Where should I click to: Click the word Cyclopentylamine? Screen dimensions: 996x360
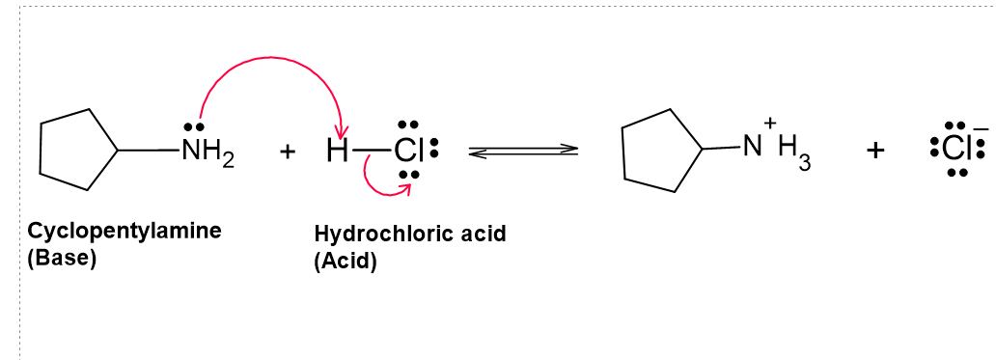[x=124, y=231]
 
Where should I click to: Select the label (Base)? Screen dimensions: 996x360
[x=62, y=259]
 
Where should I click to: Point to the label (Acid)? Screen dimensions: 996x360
[x=346, y=262]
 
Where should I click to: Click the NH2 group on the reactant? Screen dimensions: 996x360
[x=207, y=152]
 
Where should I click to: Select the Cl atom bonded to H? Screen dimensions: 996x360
[x=408, y=152]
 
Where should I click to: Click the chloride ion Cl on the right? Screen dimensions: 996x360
[x=954, y=150]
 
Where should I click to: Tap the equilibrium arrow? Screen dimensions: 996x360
[x=523, y=151]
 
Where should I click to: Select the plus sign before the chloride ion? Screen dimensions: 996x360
[x=874, y=151]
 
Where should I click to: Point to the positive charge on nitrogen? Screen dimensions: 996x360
[x=771, y=123]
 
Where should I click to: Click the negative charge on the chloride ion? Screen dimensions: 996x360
[x=981, y=129]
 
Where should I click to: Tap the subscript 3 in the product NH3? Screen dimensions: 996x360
[x=805, y=163]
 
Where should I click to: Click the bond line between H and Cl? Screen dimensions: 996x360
[x=371, y=152]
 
